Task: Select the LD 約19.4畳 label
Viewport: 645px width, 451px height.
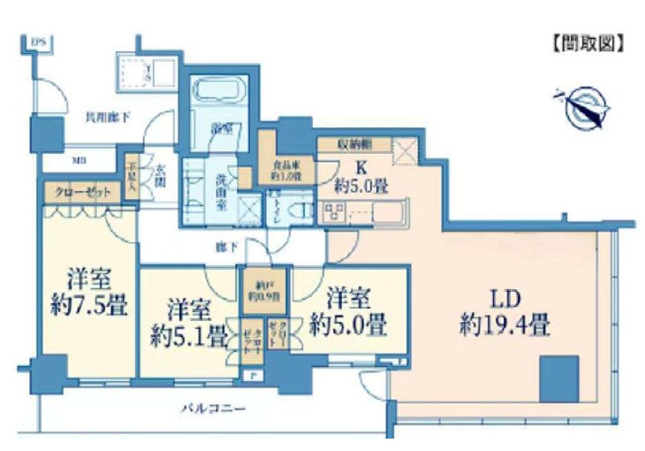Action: (505, 312)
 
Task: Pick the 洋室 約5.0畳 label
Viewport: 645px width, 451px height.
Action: (353, 310)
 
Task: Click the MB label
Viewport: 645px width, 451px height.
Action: (79, 162)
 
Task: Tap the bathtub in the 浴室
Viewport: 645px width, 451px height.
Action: (221, 92)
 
